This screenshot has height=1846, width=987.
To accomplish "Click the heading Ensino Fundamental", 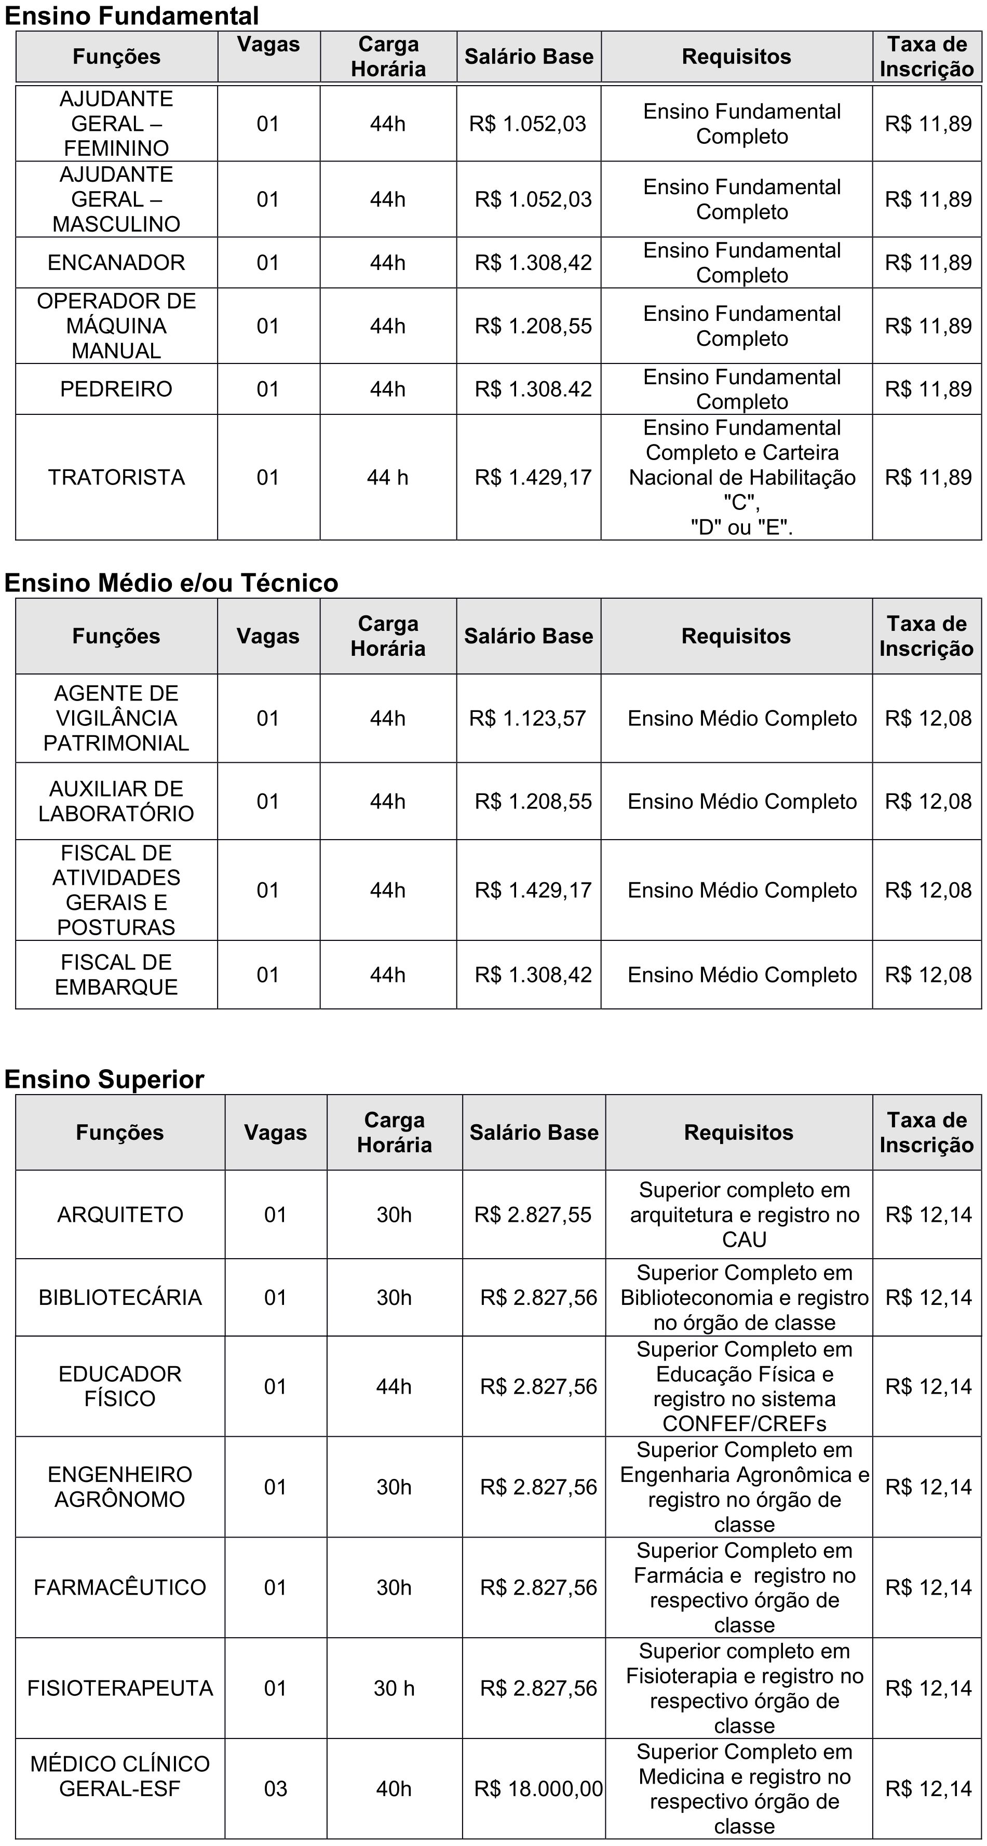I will (x=132, y=15).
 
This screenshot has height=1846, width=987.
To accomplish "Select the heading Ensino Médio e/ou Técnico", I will (x=171, y=583).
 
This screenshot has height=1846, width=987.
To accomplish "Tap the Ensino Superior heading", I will (x=105, y=1079).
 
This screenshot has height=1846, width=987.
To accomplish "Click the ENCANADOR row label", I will (x=116, y=263).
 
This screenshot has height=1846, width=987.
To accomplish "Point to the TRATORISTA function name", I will (x=116, y=477).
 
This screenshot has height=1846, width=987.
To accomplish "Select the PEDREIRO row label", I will (x=116, y=389).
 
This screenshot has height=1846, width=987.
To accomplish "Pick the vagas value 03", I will (x=275, y=1789).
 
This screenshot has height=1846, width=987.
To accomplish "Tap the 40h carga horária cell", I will (x=394, y=1789).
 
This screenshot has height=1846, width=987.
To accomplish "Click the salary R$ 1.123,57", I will (x=528, y=718).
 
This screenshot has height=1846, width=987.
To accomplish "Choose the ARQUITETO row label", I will (x=120, y=1215).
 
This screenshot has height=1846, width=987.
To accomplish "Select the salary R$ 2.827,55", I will (x=533, y=1215).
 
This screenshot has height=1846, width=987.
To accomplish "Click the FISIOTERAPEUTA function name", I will (x=120, y=1688).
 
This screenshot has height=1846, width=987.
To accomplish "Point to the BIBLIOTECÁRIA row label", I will (x=120, y=1297).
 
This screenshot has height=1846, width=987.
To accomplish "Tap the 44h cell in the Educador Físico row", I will (x=394, y=1386).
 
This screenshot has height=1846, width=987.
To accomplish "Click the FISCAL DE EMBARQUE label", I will (x=116, y=975).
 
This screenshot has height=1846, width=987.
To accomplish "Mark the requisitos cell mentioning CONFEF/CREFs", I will (x=744, y=1386).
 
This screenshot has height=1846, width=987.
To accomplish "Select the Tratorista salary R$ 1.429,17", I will (x=533, y=477).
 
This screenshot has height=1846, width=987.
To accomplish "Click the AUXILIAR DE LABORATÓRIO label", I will (x=116, y=801).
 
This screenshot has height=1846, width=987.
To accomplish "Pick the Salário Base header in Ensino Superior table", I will (x=533, y=1132).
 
